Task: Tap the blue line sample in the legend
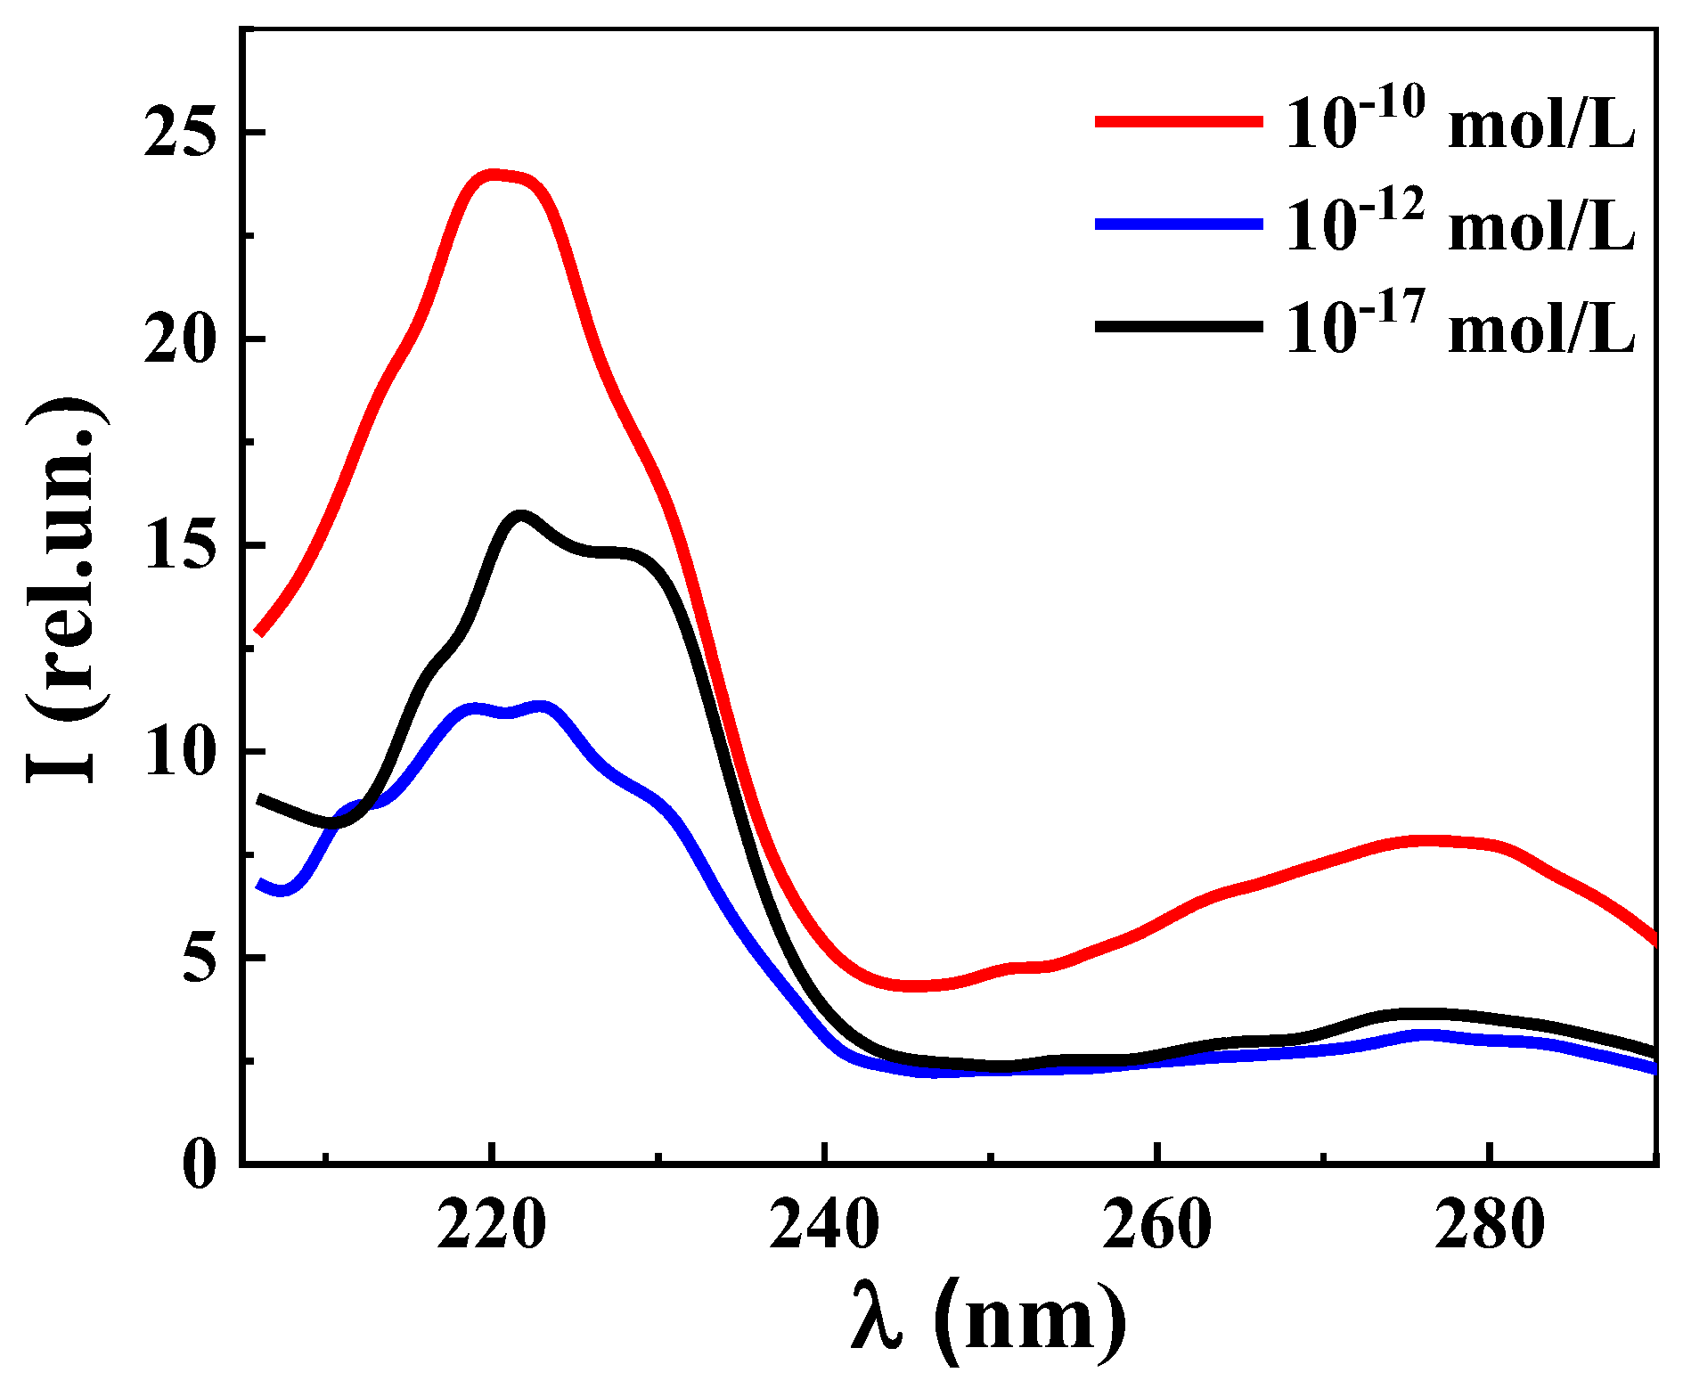coord(1179,225)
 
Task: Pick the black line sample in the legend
coord(1179,327)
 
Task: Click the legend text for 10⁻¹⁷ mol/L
coord(1459,326)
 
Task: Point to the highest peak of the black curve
coord(521,515)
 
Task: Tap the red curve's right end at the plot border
coord(1654,939)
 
